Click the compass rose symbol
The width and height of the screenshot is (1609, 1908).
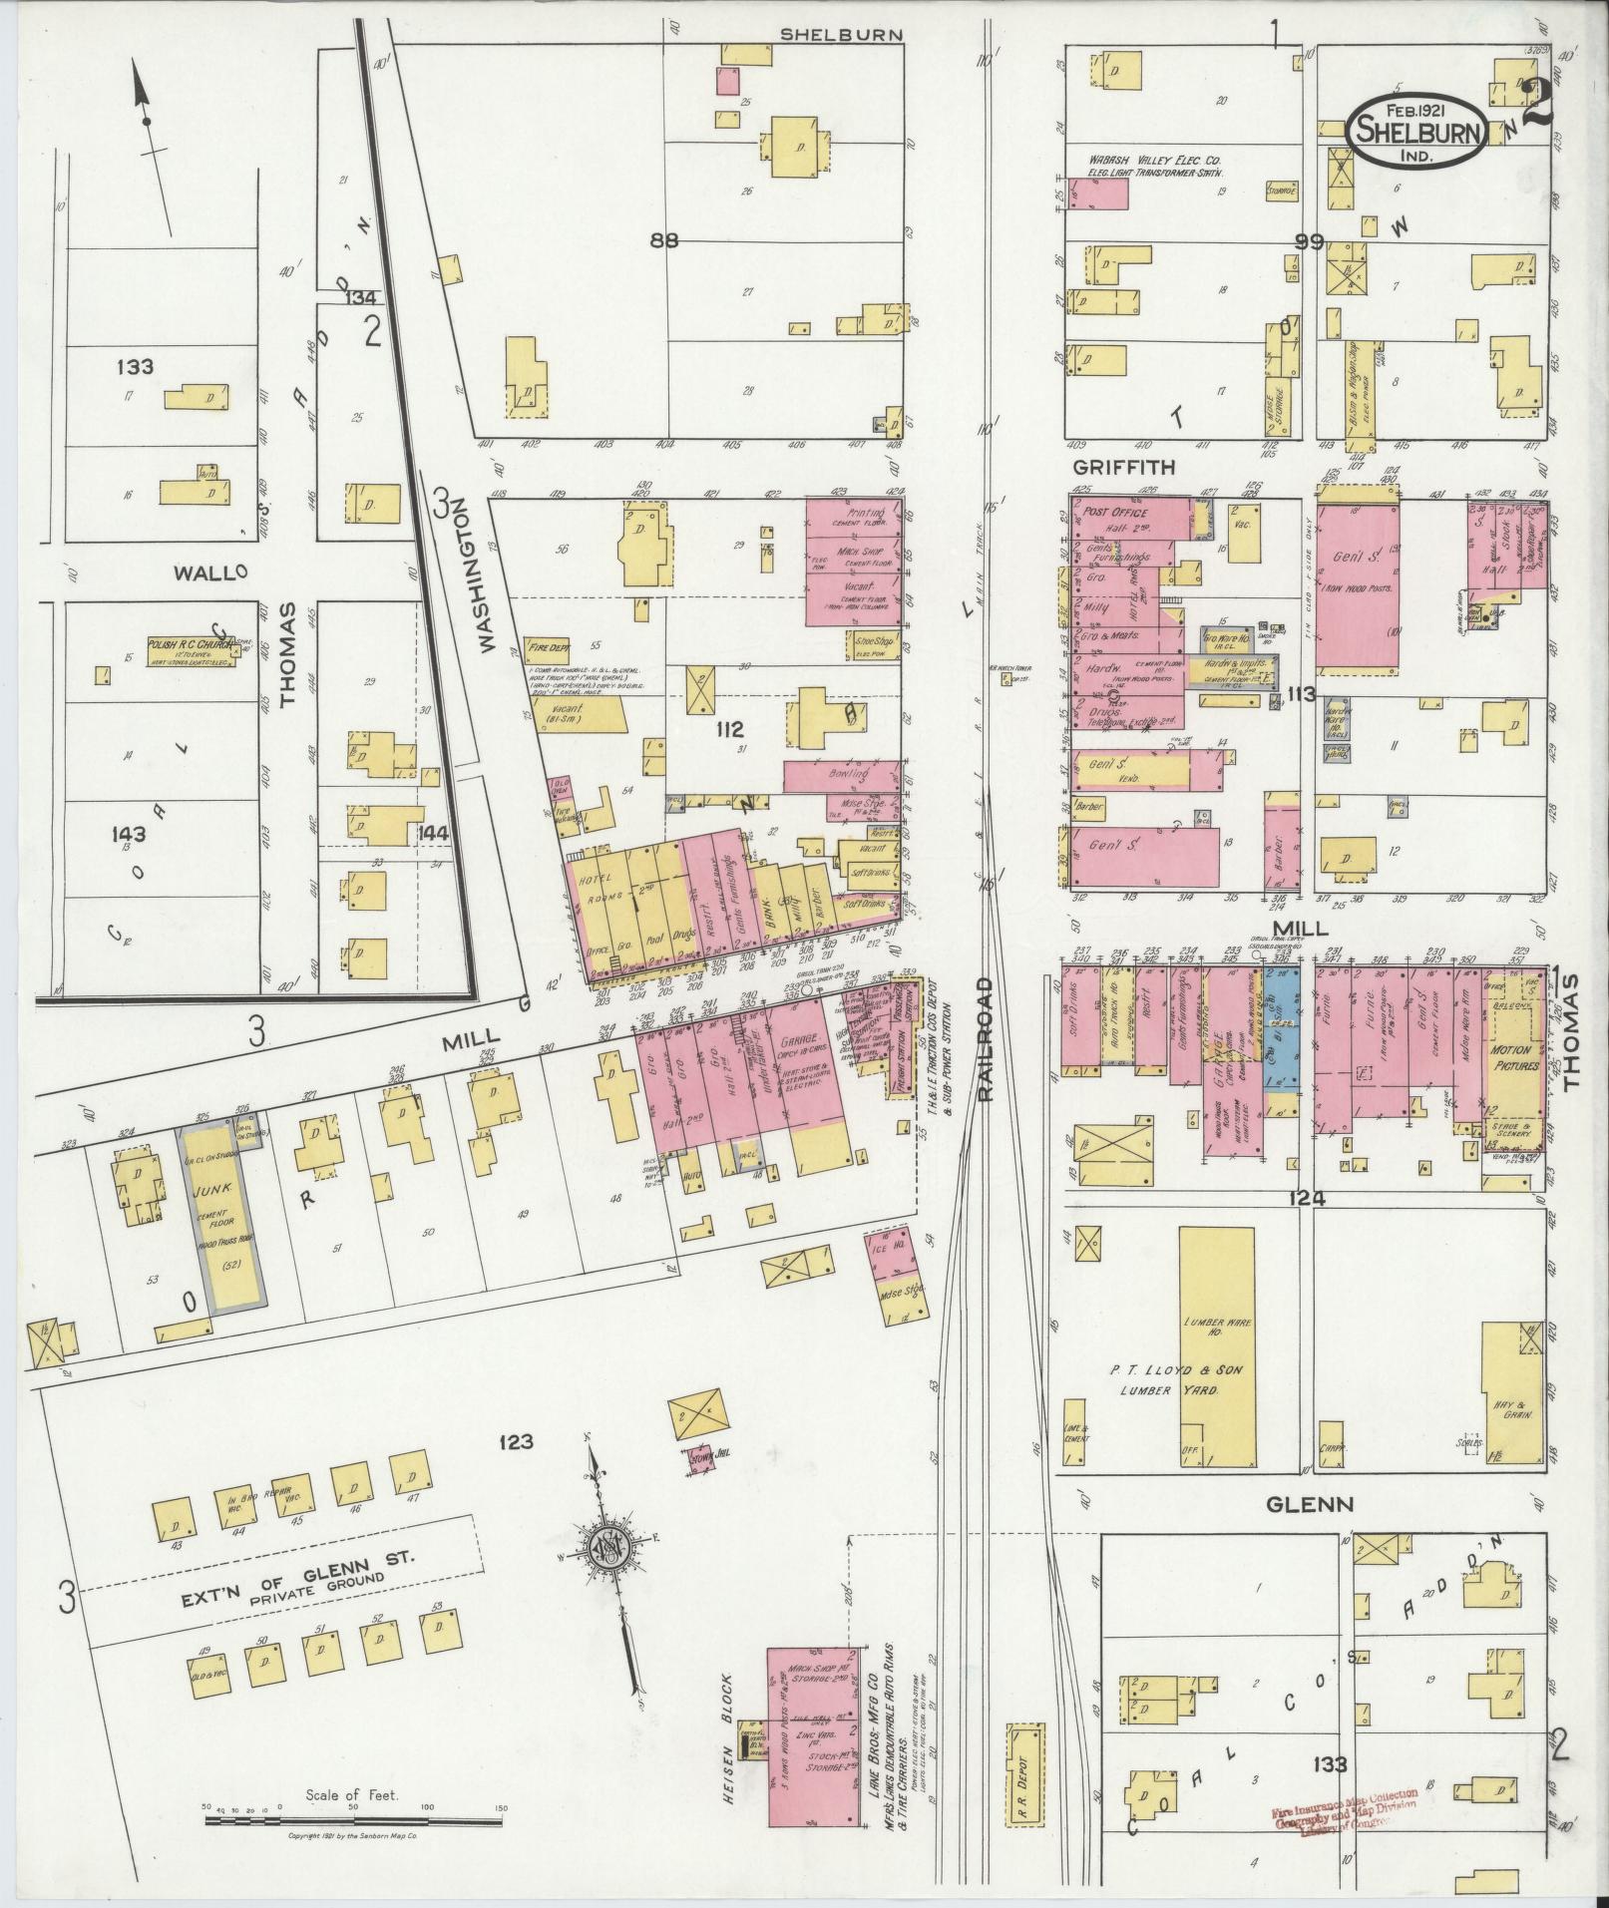tap(606, 1548)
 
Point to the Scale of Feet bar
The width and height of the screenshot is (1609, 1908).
tap(353, 1820)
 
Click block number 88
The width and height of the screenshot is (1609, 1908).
tap(662, 240)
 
